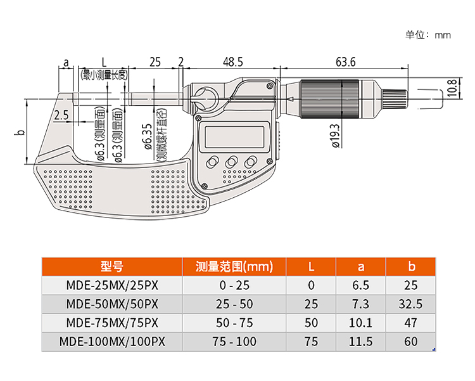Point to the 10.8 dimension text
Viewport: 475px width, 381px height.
451,88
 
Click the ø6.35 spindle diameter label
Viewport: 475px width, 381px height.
147,136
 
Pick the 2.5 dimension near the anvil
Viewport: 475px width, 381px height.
61,115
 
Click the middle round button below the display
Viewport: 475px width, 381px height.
232,162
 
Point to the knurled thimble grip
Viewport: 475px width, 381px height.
332,100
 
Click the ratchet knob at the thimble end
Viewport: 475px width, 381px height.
394,100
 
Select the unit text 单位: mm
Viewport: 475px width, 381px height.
428,35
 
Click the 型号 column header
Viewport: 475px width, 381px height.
111,266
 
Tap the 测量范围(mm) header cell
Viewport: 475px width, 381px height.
234,266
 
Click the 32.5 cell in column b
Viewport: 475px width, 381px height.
410,304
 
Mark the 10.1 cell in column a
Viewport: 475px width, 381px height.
361,323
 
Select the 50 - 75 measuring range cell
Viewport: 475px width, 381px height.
234,323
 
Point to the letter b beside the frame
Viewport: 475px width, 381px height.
20,132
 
